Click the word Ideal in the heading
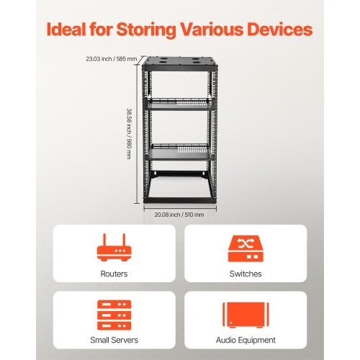[x=66, y=30]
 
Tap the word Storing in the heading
[x=146, y=30]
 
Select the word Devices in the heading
[x=280, y=30]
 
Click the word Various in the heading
[x=212, y=30]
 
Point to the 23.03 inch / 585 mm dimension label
[x=112, y=59]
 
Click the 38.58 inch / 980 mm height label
[x=129, y=134]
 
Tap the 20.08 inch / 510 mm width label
[x=179, y=215]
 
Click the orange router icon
[x=114, y=248]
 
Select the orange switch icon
[x=246, y=248]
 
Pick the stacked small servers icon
[x=114, y=315]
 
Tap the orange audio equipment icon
[x=246, y=315]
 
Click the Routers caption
[x=114, y=274]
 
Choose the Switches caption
[x=246, y=274]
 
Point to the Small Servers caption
[x=114, y=340]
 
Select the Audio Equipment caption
[x=246, y=341]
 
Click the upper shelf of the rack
[x=179, y=104]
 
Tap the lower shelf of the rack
[x=180, y=152]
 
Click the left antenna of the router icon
[x=104, y=240]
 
